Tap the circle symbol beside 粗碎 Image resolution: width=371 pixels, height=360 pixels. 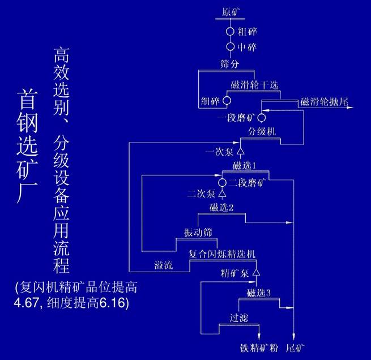[x=231, y=32]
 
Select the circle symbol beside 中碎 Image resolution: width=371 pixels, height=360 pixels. [x=231, y=47]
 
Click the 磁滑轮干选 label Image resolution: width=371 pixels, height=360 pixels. [x=255, y=85]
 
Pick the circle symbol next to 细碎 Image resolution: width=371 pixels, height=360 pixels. [x=227, y=101]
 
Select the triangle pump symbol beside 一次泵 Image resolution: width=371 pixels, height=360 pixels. [x=240, y=152]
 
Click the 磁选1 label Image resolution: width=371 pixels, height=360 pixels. [x=245, y=166]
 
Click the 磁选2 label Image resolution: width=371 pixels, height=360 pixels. [x=221, y=208]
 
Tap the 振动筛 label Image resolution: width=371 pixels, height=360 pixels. [x=198, y=233]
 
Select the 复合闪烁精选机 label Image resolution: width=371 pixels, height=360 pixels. [x=222, y=255]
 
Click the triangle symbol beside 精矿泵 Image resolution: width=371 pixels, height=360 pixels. [x=255, y=273]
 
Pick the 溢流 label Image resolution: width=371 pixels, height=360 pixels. [x=163, y=264]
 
